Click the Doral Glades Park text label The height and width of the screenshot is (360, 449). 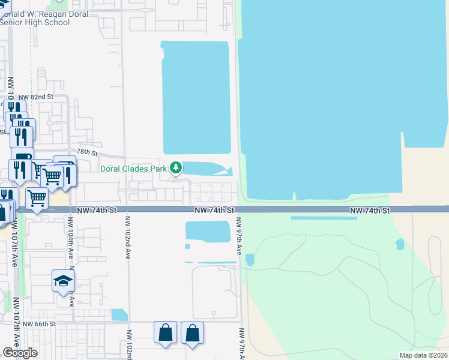point(133,169)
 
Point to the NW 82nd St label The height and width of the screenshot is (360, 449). point(36,97)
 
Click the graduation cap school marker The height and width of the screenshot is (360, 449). point(63,281)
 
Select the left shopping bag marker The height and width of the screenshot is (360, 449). point(166,333)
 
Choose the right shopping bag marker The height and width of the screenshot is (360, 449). point(192,333)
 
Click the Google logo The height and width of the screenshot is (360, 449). point(20,353)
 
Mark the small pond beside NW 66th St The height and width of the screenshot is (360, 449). point(119,314)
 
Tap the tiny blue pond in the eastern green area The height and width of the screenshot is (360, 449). point(400,244)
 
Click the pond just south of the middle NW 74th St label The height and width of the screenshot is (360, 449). point(208,232)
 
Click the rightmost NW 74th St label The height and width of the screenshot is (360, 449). point(370,211)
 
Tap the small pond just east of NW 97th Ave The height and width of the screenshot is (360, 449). point(250,259)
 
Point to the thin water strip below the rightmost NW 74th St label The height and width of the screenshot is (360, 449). point(324,218)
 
